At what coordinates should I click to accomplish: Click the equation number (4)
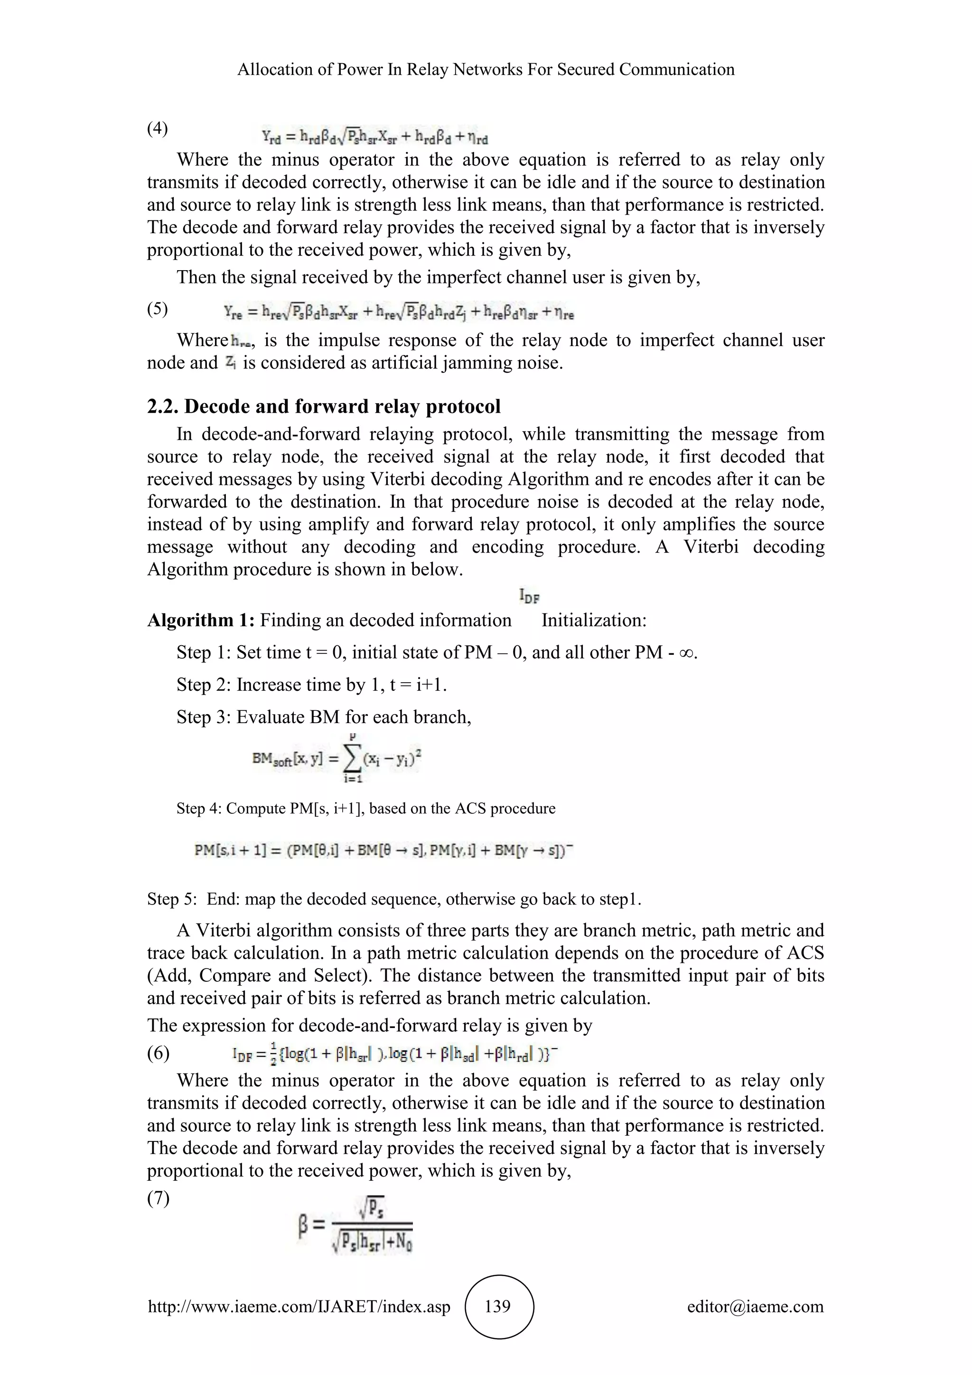158,128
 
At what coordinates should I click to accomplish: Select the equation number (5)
158,309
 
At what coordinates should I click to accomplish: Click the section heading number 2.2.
163,406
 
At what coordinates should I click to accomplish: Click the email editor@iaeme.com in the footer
755,1306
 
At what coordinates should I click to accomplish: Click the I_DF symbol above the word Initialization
529,596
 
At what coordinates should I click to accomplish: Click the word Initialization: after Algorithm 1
594,620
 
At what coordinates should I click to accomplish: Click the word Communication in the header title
676,69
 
